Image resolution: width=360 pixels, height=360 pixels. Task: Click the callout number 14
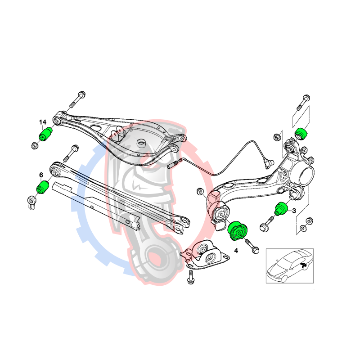coord(42,122)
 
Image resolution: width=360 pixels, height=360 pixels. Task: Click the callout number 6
coord(41,175)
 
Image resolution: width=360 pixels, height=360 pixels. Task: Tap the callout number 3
coord(294,211)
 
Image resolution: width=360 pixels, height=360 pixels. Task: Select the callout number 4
coord(236,251)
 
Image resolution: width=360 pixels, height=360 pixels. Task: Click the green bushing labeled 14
coord(45,134)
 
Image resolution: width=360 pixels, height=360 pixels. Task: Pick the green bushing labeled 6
coord(43,187)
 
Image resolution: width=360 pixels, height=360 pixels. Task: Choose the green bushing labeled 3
coord(281,208)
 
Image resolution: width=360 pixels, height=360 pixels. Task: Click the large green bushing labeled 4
coord(238,231)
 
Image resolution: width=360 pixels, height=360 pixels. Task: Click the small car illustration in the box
coord(289,265)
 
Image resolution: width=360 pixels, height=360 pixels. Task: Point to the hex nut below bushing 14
coord(35,145)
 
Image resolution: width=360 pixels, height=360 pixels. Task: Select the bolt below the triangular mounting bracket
coord(190,277)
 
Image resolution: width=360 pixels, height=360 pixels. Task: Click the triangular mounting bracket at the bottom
coord(204,254)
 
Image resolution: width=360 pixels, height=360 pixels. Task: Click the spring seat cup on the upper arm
coord(141,143)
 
